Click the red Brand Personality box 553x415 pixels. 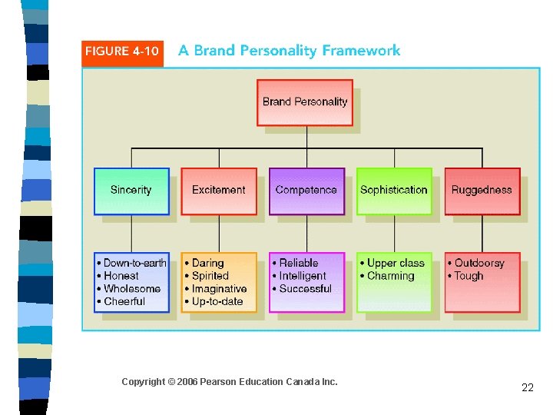(x=305, y=102)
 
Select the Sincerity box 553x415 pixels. (x=131, y=191)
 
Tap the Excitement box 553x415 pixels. (x=219, y=191)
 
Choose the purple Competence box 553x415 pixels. (x=306, y=191)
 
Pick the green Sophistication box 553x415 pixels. (x=394, y=191)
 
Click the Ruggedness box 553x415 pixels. (x=482, y=191)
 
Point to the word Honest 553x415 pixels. (x=121, y=276)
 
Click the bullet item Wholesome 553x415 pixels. (x=132, y=289)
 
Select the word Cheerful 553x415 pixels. (x=124, y=301)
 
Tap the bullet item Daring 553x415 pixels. (x=207, y=263)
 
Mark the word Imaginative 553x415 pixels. (x=219, y=289)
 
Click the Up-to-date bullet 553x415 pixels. (x=218, y=301)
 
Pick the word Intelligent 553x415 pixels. (x=303, y=276)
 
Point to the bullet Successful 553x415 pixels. (x=305, y=289)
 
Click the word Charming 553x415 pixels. (x=391, y=276)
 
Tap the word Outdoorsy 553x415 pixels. (x=479, y=263)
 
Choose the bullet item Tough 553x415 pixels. (x=469, y=276)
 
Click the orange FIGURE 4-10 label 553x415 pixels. (x=123, y=52)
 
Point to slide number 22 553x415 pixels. (x=527, y=387)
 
